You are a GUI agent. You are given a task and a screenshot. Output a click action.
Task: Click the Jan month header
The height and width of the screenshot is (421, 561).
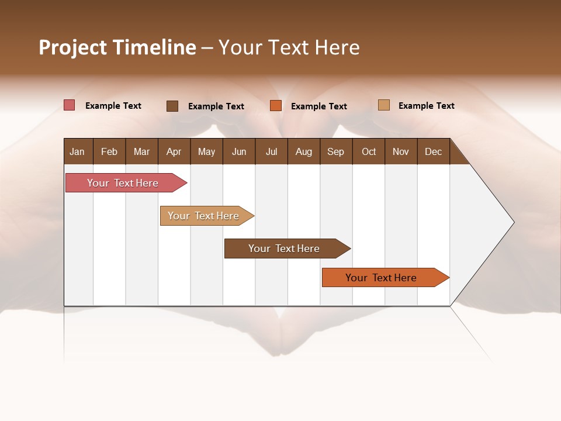(77, 151)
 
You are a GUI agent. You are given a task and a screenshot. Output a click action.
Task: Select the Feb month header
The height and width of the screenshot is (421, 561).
(109, 151)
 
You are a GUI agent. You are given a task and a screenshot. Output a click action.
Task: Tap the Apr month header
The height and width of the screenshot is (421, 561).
(174, 151)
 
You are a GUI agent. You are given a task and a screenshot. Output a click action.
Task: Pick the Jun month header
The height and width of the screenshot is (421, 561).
(239, 151)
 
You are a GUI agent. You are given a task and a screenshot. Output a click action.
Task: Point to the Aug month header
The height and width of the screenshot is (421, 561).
(303, 151)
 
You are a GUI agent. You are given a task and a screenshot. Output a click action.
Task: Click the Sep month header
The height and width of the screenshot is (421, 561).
(335, 151)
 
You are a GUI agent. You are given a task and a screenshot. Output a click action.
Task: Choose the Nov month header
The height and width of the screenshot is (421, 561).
(400, 151)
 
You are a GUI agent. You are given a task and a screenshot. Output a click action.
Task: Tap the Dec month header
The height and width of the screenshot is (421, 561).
(433, 151)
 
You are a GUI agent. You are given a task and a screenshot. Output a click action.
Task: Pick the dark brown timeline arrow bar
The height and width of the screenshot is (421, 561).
(285, 249)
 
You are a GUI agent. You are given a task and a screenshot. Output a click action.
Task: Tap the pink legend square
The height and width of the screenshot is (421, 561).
(69, 105)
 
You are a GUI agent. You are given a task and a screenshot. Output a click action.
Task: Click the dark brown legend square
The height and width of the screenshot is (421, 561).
(172, 106)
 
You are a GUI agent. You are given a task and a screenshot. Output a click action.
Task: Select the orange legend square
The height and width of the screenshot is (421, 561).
(276, 105)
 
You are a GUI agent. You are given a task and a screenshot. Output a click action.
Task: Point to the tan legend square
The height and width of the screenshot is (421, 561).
(383, 105)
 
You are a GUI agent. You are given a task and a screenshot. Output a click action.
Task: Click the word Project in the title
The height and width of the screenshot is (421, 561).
(73, 47)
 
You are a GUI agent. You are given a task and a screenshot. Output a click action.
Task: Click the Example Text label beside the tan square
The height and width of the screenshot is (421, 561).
(426, 106)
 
